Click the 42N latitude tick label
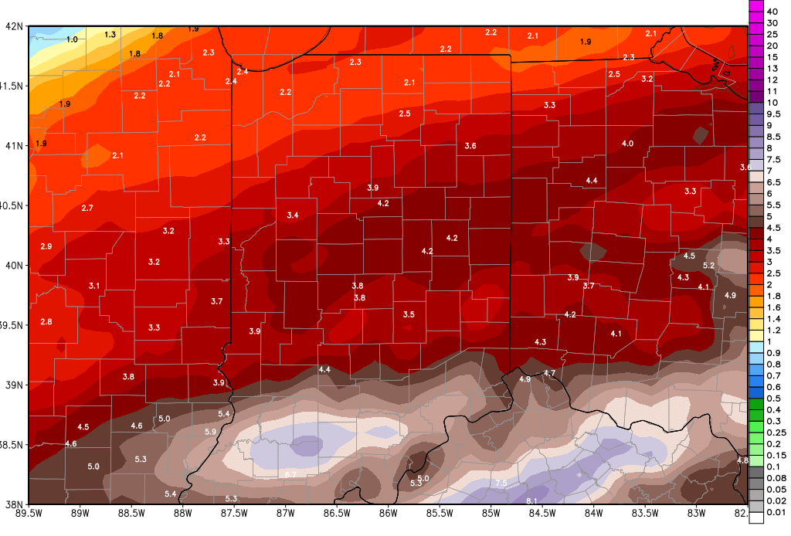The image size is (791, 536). [15, 25]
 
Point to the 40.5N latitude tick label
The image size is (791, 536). [13, 205]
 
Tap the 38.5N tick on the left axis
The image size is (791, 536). [13, 445]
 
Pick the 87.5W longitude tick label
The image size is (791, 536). [235, 513]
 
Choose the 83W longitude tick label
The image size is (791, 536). [698, 513]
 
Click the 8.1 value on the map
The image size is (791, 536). [532, 501]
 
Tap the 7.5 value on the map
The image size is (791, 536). [501, 483]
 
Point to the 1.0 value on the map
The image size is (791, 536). [73, 39]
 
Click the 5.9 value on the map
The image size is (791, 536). [210, 432]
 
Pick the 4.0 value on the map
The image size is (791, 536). [627, 144]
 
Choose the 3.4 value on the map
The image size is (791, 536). [293, 215]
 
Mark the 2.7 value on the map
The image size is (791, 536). [87, 209]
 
